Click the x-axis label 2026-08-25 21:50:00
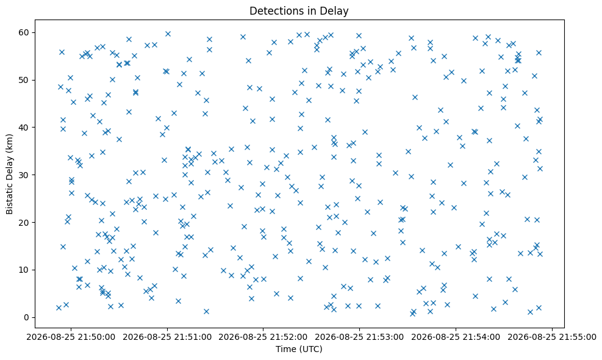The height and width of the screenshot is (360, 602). [x=71, y=337]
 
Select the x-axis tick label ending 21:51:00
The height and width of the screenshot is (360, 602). [x=167, y=337]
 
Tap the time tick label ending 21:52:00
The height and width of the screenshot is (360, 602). [x=263, y=337]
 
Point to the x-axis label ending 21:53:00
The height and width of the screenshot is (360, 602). [x=360, y=337]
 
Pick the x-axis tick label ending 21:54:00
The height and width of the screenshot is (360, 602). [x=456, y=337]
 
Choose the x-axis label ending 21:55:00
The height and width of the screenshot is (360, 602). [x=552, y=337]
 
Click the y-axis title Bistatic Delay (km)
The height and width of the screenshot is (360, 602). [x=10, y=174]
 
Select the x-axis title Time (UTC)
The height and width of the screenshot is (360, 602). [x=299, y=349]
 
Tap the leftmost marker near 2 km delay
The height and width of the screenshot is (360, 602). [x=59, y=308]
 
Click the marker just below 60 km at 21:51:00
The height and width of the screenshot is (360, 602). [x=168, y=34]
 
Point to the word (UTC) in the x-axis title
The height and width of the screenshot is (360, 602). [x=309, y=349]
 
